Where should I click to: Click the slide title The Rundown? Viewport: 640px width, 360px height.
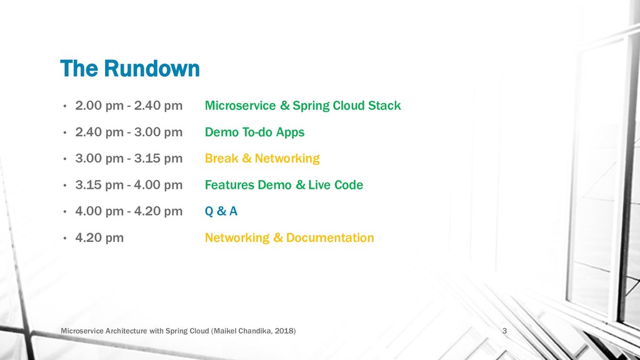(130, 68)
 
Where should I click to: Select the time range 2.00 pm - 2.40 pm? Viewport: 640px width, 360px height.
(129, 106)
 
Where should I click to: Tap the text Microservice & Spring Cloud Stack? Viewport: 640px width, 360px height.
(302, 106)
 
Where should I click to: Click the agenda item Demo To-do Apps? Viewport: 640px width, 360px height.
(255, 132)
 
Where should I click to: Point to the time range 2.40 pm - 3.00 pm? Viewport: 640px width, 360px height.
(129, 132)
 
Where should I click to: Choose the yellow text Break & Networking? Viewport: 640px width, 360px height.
(262, 158)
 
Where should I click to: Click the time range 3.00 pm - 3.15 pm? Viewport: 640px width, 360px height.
(129, 158)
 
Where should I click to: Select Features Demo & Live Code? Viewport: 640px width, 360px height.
(284, 185)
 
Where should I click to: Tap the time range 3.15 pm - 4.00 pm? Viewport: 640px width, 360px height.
(129, 185)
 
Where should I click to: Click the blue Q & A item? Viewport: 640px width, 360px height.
(221, 211)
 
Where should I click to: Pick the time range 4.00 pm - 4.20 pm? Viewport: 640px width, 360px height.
(129, 211)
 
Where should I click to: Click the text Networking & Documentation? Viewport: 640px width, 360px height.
(289, 237)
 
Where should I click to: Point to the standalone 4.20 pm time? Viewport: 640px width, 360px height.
(99, 237)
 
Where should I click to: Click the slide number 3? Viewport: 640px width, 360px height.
(504, 331)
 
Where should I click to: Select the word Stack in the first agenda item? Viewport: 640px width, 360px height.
(384, 106)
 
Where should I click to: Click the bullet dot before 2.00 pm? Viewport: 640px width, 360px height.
(65, 106)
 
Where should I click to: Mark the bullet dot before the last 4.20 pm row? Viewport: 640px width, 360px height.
(65, 238)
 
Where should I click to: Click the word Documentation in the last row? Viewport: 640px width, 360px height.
(330, 237)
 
